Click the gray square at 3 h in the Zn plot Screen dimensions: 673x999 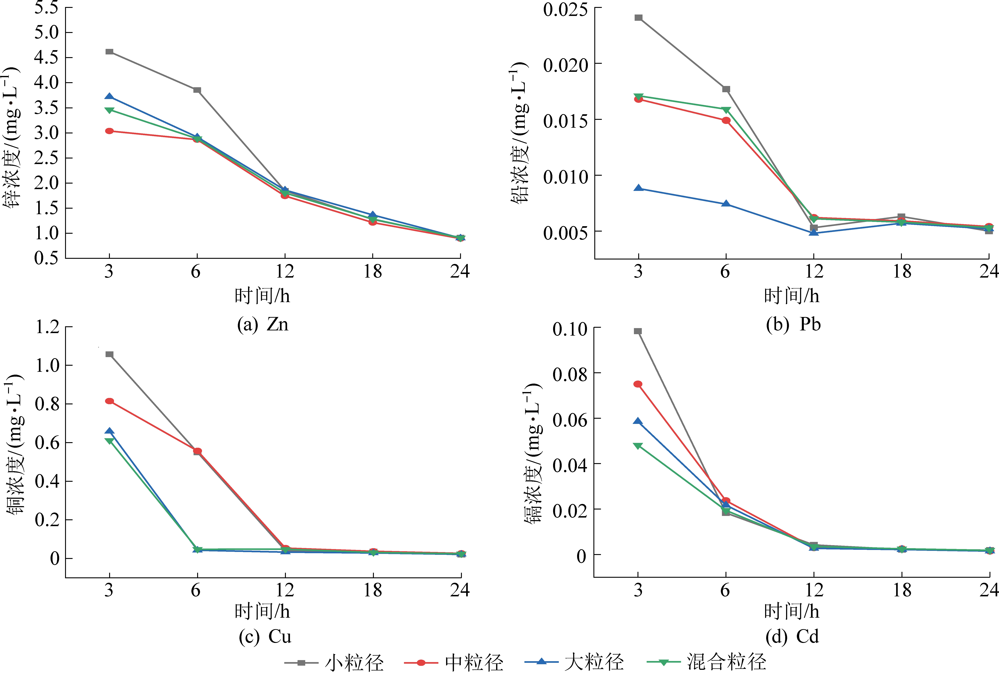pyautogui.click(x=110, y=52)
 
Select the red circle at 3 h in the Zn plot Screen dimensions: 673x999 pyautogui.click(x=110, y=131)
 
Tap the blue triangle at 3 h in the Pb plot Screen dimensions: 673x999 pyautogui.click(x=639, y=188)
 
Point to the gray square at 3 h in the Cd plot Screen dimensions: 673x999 pyautogui.click(x=638, y=331)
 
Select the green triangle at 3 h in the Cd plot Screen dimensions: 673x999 pyautogui.click(x=638, y=446)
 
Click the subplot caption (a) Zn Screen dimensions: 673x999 pyautogui.click(x=263, y=325)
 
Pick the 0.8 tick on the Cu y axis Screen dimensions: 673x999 pyautogui.click(x=47, y=404)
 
